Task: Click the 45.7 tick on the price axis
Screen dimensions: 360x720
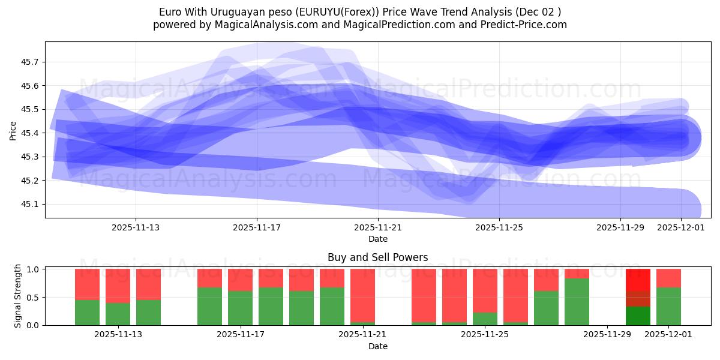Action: coord(31,62)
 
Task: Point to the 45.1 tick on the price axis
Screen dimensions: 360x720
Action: coord(31,205)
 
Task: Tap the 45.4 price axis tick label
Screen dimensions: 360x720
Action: coord(31,133)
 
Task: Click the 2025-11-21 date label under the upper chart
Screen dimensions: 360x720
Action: coord(378,227)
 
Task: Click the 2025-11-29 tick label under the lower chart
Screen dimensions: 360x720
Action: coord(607,335)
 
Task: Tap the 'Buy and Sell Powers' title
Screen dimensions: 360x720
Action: coord(377,257)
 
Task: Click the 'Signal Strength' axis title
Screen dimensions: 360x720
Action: coord(18,296)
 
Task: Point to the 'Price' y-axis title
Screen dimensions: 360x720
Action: coord(13,130)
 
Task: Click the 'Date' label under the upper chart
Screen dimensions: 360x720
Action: coord(377,239)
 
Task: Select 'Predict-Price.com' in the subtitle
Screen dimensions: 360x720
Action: coord(526,25)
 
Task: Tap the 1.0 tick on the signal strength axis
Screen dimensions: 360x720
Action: coord(33,269)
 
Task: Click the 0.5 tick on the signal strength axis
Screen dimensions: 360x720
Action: coord(33,298)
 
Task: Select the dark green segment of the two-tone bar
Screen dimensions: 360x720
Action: coord(638,316)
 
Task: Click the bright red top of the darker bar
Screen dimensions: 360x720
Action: coord(638,280)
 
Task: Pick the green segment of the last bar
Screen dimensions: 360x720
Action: coord(668,306)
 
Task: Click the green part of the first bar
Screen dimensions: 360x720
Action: coord(87,312)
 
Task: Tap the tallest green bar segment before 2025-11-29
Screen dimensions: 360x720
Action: coord(577,302)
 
